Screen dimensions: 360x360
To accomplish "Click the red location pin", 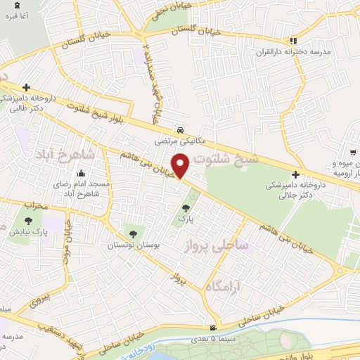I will pos(181,165).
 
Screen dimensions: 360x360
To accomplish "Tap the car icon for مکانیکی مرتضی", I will pos(181,131).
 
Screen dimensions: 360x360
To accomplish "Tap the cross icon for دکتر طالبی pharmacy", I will pos(26,88).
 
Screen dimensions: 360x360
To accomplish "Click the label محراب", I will pos(33,206).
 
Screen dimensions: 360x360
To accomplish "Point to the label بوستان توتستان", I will pos(131,246).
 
